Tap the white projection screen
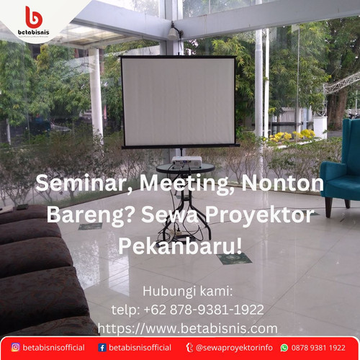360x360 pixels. tap(179, 101)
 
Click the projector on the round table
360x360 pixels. tap(184, 160)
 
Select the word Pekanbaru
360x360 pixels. tap(180, 247)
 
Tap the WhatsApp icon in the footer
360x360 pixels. tap(284, 347)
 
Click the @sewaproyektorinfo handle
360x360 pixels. tap(234, 347)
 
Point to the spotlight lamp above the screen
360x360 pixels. tap(174, 31)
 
